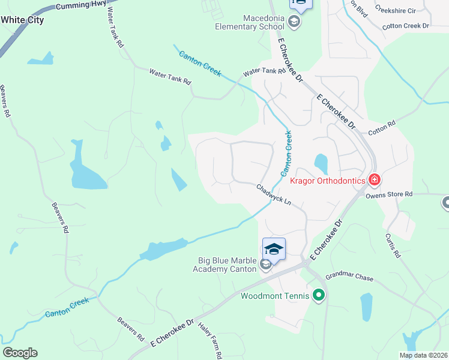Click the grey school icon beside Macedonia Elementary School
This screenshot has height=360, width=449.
294,23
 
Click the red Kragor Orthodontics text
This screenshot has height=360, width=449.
328,181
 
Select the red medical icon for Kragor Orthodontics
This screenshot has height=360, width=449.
375,179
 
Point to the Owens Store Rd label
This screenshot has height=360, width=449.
390,194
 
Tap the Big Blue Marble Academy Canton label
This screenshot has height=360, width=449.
228,265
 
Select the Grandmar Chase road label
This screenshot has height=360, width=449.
349,278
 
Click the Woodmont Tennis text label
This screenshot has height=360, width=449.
275,296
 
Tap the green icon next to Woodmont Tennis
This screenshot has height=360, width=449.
319,295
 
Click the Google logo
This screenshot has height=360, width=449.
20,353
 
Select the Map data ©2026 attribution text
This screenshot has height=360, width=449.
424,355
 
